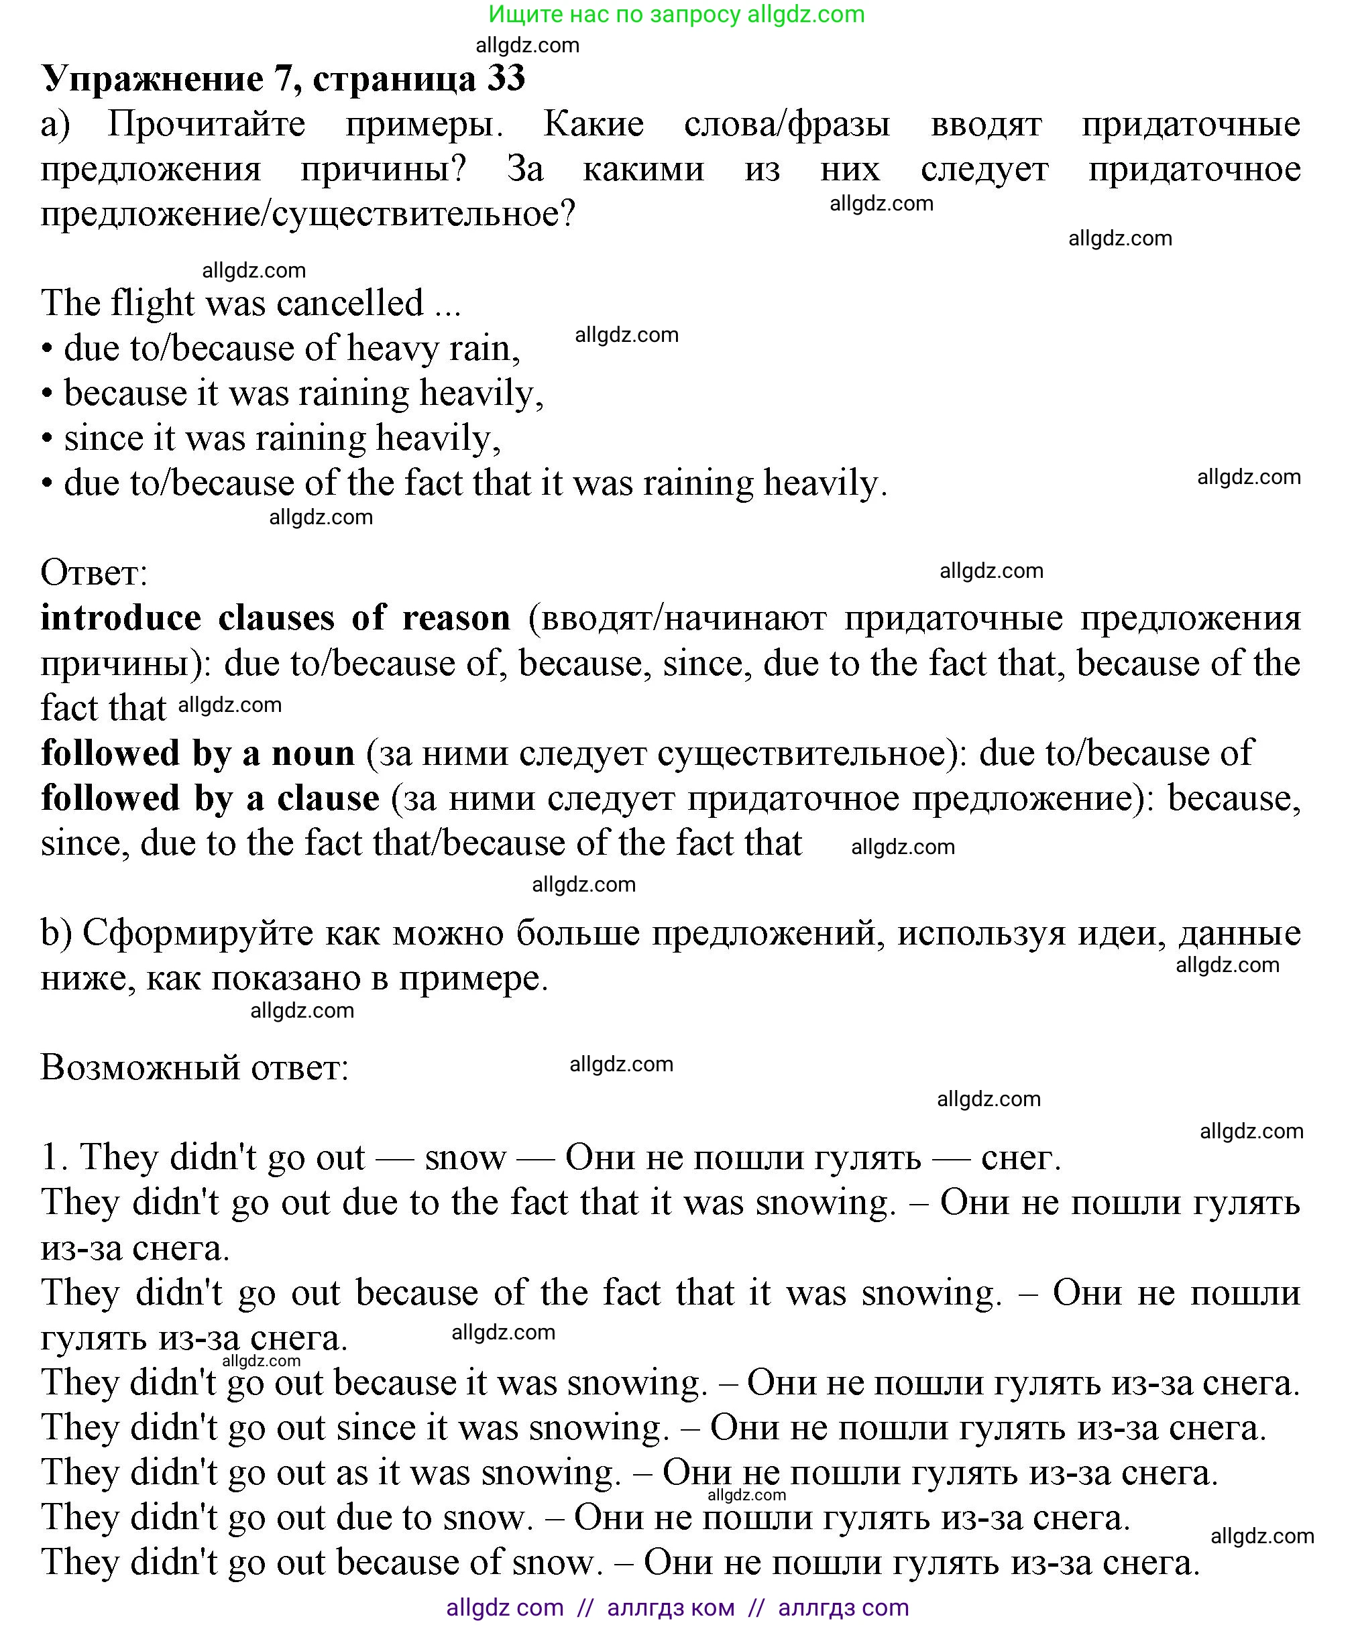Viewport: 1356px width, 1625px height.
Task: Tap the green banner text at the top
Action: click(x=677, y=14)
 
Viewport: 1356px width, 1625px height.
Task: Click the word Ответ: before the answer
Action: click(x=94, y=573)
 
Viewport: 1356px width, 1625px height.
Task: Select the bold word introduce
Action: click(x=120, y=618)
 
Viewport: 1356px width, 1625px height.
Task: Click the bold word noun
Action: click(x=313, y=753)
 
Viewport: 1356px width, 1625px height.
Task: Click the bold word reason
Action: click(x=456, y=618)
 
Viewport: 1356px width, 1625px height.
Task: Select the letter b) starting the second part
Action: click(x=56, y=932)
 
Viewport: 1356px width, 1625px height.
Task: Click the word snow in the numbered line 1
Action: click(x=465, y=1158)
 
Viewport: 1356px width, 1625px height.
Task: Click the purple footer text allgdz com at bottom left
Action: click(x=504, y=1607)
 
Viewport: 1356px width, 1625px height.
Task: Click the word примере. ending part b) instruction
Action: click(x=473, y=978)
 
